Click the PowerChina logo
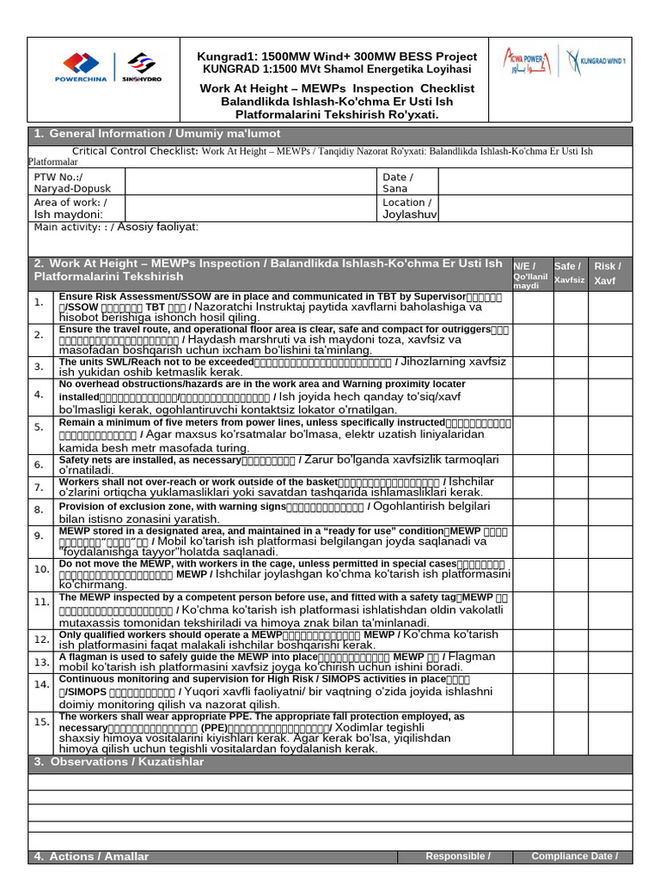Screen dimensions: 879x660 pyautogui.click(x=83, y=67)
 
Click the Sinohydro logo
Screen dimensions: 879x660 pyautogui.click(x=144, y=67)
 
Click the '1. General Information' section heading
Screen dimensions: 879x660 pyautogui.click(x=156, y=135)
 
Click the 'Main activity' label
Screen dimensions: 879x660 pyautogui.click(x=116, y=227)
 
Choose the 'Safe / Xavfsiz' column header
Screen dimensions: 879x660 pyautogui.click(x=569, y=273)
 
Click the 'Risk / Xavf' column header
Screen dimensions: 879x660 pyautogui.click(x=607, y=273)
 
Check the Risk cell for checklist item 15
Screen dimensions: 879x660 pyautogui.click(x=609, y=732)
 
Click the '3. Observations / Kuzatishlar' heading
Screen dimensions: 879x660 pyautogui.click(x=119, y=762)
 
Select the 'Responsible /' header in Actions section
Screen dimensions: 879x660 pyautogui.click(x=458, y=856)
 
